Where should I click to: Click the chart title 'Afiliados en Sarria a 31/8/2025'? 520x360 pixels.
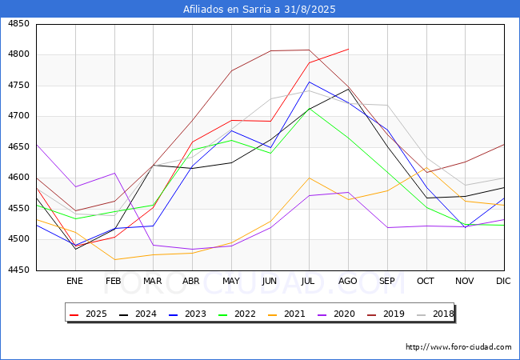[259, 9]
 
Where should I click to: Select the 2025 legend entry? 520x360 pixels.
[88, 314]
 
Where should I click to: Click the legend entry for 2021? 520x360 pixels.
[286, 314]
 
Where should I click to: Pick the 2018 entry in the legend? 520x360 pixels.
[435, 314]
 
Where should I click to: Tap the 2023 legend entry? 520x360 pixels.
[187, 314]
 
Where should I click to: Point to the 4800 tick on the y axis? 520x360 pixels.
[18, 54]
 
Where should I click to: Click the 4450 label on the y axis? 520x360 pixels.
[18, 270]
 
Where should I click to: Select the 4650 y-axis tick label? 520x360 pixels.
[18, 146]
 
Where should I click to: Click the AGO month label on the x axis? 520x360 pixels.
[347, 281]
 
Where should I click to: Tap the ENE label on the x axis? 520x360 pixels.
[74, 281]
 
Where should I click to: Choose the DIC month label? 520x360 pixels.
[503, 281]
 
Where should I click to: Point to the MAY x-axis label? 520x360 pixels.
[231, 281]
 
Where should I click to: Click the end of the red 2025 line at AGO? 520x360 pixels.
[349, 49]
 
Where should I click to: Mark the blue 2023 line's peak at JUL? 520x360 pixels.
[310, 82]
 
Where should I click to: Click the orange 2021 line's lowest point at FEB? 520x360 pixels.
[114, 259]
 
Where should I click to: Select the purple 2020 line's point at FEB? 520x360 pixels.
[114, 173]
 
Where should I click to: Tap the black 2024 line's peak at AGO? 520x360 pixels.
[349, 89]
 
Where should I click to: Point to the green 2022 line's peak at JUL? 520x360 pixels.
[310, 109]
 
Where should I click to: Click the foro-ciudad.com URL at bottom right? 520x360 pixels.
[458, 347]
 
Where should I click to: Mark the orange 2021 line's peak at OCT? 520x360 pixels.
[427, 168]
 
